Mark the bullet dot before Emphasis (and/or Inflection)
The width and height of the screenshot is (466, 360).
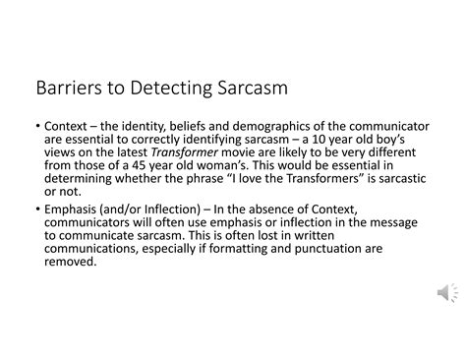(x=35, y=211)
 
